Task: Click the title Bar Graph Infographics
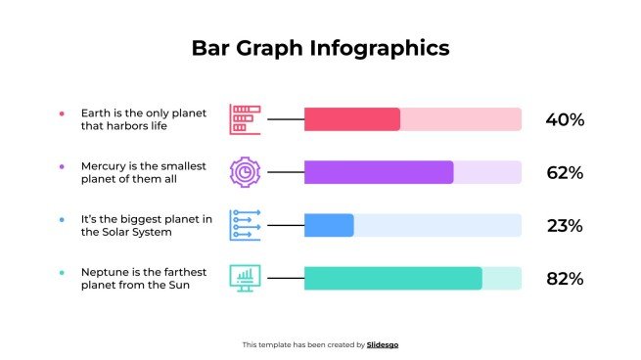[x=320, y=48]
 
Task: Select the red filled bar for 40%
[x=352, y=119]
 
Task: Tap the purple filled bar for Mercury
[x=379, y=172]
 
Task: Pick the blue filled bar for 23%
[x=329, y=225]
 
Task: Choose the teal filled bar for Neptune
[x=393, y=278]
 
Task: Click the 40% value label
[x=565, y=120]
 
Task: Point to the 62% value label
[x=565, y=173]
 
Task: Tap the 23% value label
[x=565, y=226]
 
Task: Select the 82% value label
[x=565, y=279]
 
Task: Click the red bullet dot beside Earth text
[x=62, y=113]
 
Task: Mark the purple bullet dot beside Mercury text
[x=62, y=166]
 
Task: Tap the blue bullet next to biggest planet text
[x=62, y=219]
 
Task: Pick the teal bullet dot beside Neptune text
[x=62, y=272]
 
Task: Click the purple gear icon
[x=245, y=172]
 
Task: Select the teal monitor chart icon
[x=245, y=278]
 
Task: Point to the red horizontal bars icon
[x=245, y=119]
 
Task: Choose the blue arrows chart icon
[x=245, y=225]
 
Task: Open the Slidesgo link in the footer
[x=383, y=344]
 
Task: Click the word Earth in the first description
[x=95, y=113]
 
